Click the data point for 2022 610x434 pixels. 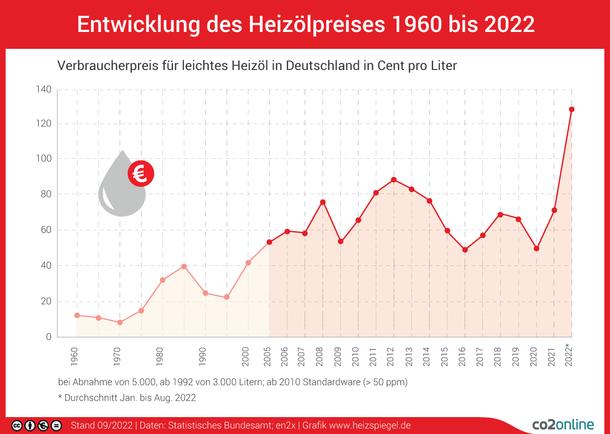coord(571,109)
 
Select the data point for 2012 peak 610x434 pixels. coord(394,180)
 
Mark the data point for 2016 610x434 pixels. coord(464,250)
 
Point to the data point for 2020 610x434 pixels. coord(536,248)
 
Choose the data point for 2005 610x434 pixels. coord(269,242)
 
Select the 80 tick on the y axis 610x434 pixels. coord(45,195)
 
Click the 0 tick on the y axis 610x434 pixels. coord(48,337)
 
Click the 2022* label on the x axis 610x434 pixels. coord(571,357)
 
